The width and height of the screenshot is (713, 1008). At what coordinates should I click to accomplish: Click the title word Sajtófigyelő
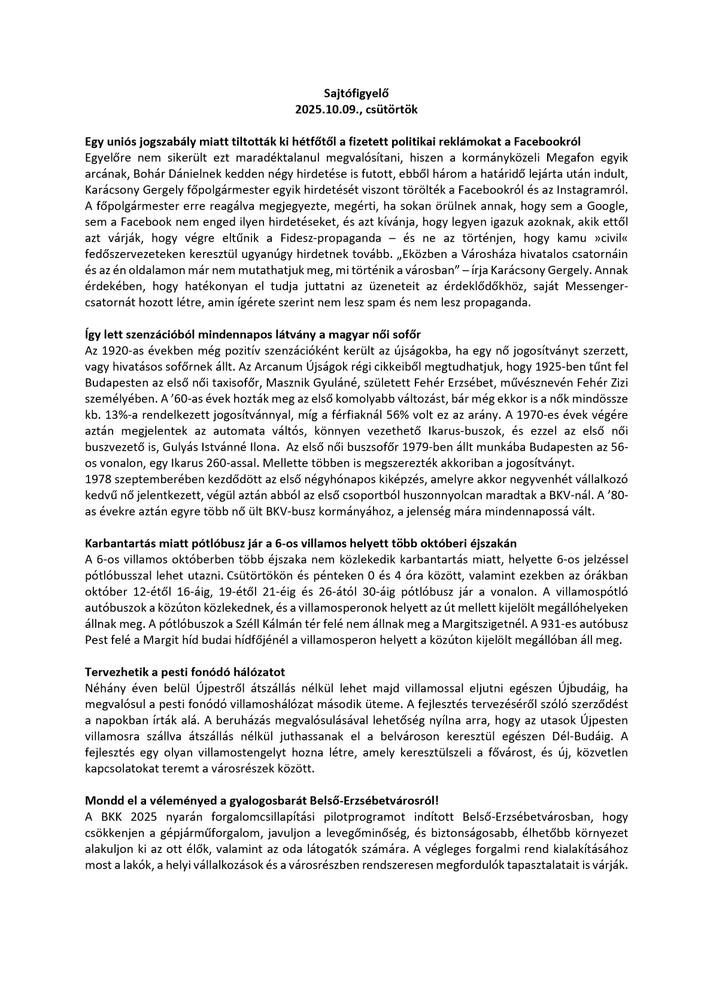tap(356, 94)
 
